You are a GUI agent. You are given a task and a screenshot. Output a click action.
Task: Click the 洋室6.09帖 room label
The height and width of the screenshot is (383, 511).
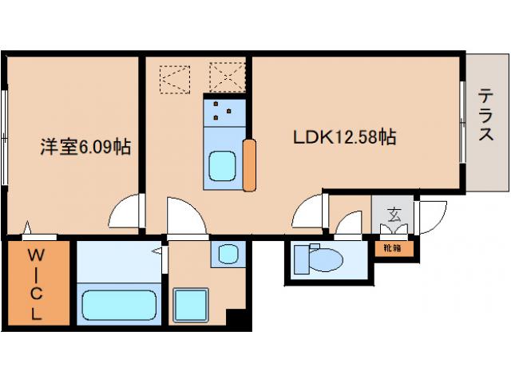coord(85,147)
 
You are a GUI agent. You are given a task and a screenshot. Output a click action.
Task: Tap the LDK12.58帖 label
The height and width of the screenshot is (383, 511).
coord(344,137)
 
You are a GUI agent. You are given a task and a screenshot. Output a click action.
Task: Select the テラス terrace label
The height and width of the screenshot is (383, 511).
coord(485,115)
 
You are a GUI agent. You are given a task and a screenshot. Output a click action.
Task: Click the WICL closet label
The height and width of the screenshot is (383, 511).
coord(36,284)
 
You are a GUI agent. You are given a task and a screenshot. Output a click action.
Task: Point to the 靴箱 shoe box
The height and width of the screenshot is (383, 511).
coord(394,249)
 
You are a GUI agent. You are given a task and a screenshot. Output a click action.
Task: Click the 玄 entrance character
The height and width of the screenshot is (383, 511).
coord(394,215)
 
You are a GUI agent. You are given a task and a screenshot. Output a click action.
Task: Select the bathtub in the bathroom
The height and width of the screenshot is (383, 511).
coord(119,305)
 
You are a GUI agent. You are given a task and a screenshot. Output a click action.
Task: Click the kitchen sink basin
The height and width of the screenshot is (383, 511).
coord(222,166)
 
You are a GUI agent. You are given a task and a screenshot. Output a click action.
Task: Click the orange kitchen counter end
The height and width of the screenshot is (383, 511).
coord(249,165)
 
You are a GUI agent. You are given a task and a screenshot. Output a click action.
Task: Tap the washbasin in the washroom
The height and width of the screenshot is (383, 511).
coord(228,254)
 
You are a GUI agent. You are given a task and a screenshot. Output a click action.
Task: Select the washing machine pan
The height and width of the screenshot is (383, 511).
coord(191,305)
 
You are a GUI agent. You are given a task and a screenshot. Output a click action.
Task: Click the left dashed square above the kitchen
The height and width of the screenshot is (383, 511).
coord(175,80)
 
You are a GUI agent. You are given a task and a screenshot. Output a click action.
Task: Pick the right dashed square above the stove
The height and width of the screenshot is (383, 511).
coord(227,77)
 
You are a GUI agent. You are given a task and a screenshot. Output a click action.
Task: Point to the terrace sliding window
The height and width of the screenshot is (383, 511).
coord(461,121)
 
